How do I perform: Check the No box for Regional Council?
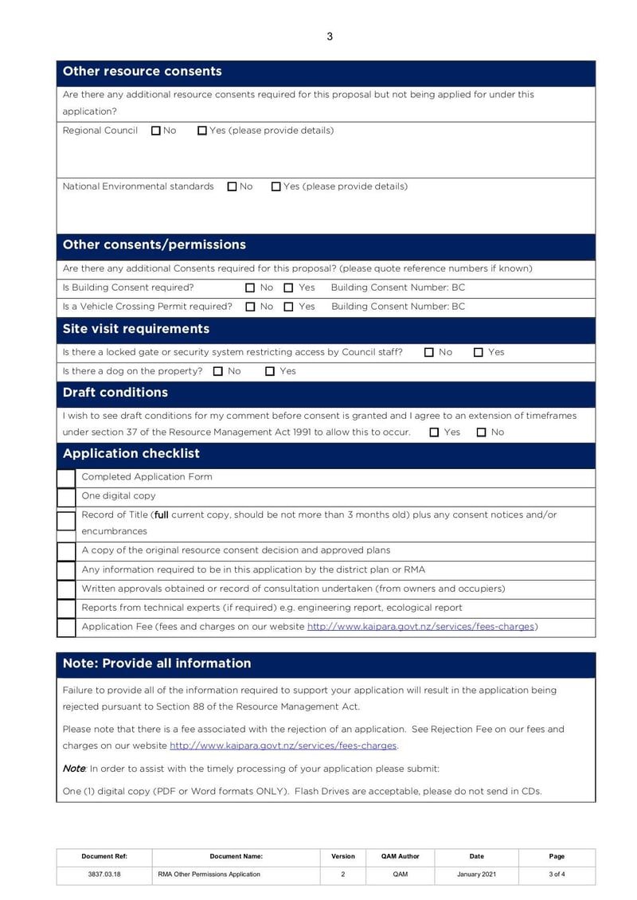click(x=156, y=131)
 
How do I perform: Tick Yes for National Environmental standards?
click(x=276, y=186)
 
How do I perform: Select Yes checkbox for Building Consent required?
click(x=289, y=288)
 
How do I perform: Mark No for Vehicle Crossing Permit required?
click(x=250, y=307)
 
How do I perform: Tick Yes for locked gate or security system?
click(x=479, y=352)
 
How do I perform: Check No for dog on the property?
click(x=218, y=371)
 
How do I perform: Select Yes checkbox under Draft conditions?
click(x=434, y=432)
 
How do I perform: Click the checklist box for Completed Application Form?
click(x=66, y=478)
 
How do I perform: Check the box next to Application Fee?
click(x=66, y=628)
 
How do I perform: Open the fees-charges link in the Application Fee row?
click(x=420, y=627)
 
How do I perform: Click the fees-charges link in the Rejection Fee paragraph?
click(x=283, y=746)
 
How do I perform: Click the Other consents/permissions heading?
click(x=154, y=245)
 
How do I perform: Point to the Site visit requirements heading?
click(x=136, y=329)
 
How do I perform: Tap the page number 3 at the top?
click(x=330, y=36)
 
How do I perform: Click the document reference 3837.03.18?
click(x=104, y=875)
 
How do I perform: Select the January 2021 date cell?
click(x=476, y=875)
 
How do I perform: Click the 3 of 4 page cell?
click(x=557, y=875)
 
